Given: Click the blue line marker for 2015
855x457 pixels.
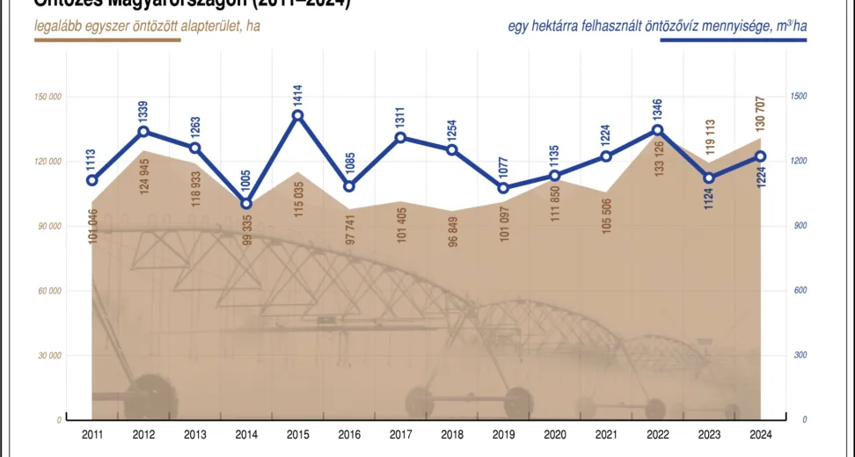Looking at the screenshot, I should pos(298,115).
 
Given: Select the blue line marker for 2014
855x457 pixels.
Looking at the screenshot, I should pos(246,204).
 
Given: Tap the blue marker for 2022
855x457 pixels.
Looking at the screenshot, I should pos(658,130).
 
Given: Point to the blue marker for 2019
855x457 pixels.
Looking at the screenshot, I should pos(504,188).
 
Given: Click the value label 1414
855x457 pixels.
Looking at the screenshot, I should pos(298,91).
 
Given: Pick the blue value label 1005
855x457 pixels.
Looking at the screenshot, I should pos(246,180).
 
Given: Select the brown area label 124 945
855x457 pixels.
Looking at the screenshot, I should pos(145,176).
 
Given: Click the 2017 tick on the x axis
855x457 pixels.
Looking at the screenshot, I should pos(401,434).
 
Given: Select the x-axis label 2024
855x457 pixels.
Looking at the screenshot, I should pos(761,434).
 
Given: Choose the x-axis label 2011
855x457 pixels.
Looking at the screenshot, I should pos(92,434).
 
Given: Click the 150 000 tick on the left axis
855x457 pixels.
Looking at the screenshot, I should pos(47,97).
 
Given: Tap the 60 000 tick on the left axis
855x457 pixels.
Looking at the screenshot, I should pos(49,291).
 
